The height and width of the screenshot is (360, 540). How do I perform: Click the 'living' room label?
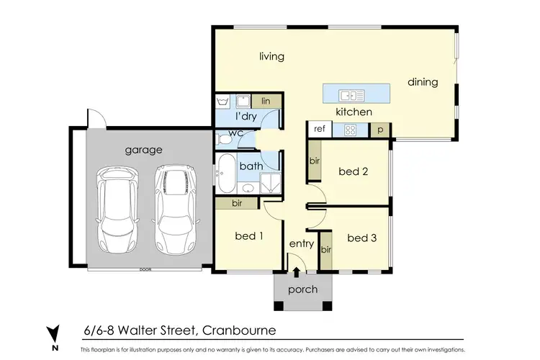click(272, 56)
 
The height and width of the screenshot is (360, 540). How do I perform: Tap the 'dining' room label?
click(423, 82)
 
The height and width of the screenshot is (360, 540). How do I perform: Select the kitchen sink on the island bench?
click(352, 94)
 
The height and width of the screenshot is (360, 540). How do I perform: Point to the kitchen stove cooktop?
click(351, 130)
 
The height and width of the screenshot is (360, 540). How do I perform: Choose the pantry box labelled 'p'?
click(379, 130)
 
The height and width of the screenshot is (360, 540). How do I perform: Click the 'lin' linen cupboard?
click(266, 102)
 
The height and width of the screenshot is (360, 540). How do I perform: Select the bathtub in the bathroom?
click(225, 174)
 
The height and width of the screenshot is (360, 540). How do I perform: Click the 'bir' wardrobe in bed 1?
click(237, 204)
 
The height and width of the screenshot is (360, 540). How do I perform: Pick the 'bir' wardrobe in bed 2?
click(313, 161)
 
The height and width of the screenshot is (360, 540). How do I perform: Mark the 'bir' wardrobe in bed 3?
click(325, 250)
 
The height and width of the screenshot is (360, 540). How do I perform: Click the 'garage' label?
click(144, 150)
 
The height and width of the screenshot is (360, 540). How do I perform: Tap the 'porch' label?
click(302, 290)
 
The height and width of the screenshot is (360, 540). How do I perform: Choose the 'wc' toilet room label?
click(235, 134)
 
